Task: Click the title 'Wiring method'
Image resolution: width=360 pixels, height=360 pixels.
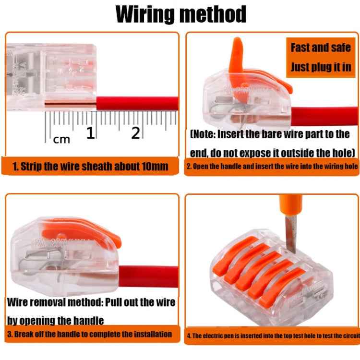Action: point(181,14)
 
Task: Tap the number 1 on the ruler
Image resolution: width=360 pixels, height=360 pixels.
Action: point(90,133)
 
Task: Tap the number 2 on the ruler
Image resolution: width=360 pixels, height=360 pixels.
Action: point(135,133)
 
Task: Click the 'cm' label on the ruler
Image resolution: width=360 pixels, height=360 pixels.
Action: point(61,140)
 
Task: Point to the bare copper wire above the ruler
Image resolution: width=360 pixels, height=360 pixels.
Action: point(70,105)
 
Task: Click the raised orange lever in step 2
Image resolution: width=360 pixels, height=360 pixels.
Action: point(237,62)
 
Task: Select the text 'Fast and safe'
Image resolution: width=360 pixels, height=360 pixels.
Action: point(321,48)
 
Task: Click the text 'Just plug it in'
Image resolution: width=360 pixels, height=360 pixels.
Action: point(321,67)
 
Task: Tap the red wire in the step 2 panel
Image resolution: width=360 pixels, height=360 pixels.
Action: point(324,116)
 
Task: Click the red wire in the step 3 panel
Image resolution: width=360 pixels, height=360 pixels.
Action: point(148,276)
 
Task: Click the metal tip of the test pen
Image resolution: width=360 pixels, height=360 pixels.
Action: point(291,235)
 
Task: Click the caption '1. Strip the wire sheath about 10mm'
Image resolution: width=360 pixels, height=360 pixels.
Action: point(90,166)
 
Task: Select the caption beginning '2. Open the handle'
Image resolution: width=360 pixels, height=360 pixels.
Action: point(272,166)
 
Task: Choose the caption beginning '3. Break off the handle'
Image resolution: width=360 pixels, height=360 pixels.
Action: point(90,334)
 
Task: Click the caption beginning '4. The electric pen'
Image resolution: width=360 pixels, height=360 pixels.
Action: point(273,336)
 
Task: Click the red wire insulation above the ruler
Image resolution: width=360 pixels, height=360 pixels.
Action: point(137,104)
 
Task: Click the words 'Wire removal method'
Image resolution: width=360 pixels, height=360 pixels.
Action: point(55,302)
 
